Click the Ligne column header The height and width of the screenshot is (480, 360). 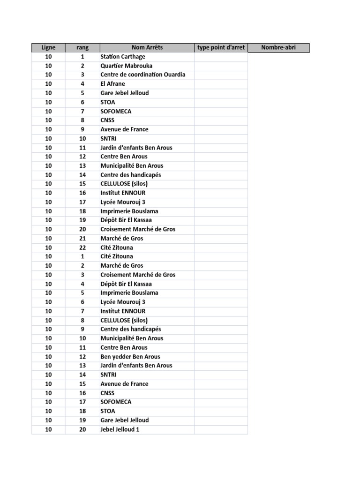[48, 47]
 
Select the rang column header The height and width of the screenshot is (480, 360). [82, 47]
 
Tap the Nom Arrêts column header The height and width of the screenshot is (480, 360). [147, 47]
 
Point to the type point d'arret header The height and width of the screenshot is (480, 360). [221, 47]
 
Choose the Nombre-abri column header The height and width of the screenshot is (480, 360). [278, 47]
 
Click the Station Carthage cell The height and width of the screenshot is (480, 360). [123, 57]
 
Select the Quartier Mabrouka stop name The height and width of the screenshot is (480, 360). [126, 66]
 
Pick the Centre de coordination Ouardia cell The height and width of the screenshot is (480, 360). [142, 75]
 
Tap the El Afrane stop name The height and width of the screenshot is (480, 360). [112, 84]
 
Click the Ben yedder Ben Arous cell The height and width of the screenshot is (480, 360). [130, 357]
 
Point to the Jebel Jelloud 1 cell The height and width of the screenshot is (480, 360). [120, 429]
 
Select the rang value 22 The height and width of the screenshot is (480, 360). [82, 247]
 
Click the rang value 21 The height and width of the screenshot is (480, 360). [82, 238]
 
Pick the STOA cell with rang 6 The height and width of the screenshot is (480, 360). [107, 102]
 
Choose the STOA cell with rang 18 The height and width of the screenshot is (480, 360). [107, 411]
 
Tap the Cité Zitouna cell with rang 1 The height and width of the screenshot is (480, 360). [116, 256]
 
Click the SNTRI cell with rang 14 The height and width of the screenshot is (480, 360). [108, 375]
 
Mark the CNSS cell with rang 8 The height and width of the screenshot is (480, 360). [107, 120]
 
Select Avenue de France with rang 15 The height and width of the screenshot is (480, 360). [124, 384]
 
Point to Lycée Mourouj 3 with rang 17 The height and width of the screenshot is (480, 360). [122, 202]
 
